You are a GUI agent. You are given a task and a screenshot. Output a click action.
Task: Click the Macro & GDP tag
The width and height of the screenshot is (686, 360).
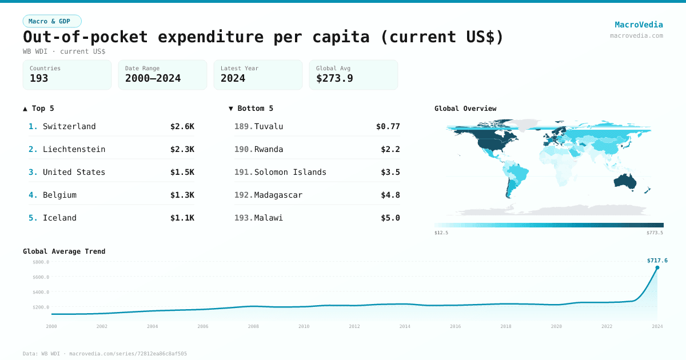point(52,21)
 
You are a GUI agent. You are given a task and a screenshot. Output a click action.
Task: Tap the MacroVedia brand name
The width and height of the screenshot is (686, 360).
point(639,25)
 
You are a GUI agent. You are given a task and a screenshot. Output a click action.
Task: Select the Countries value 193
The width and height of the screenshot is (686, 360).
point(39,78)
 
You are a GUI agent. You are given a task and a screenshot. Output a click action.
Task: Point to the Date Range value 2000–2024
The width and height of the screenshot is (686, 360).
point(153,78)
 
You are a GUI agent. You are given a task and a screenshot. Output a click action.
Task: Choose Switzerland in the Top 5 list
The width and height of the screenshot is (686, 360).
point(69,126)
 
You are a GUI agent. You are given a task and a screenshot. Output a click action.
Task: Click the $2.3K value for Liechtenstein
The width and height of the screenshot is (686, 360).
point(182,149)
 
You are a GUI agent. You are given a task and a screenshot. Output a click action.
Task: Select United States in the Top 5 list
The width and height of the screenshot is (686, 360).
point(74,172)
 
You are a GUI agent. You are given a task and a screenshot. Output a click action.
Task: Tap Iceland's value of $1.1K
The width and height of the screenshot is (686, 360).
point(182,218)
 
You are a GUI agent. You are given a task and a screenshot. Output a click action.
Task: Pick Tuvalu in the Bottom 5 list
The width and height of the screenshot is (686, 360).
point(269,126)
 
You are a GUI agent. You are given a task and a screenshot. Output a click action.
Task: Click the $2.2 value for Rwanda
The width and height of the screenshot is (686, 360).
point(390,149)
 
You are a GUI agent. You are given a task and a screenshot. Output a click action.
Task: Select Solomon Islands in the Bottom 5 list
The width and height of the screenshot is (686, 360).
point(290,172)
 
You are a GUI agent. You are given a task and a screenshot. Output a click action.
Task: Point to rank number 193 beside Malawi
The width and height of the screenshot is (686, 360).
point(243,218)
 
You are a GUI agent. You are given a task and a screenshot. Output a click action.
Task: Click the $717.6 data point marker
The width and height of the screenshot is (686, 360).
point(657,267)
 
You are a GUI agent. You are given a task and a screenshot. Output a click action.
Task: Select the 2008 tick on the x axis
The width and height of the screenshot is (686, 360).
point(253,326)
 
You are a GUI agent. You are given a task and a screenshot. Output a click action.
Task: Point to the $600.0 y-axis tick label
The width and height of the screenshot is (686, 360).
point(41,277)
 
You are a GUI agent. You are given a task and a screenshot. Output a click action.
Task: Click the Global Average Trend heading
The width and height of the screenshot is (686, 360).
point(64,251)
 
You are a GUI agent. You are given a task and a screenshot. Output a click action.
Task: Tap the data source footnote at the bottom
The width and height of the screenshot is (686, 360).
point(105,354)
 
